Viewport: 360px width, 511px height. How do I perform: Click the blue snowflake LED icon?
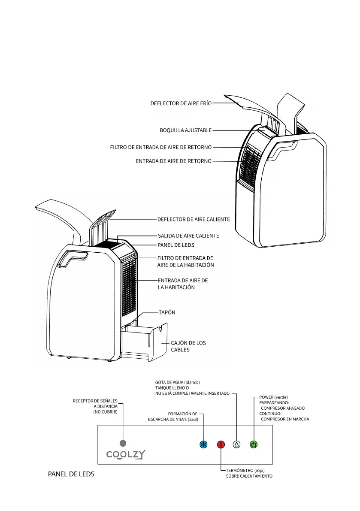pos(204,444)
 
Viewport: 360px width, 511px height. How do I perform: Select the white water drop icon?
pos(236,444)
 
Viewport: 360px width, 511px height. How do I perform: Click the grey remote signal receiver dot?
pos(123,443)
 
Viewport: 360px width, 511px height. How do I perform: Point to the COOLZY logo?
pos(125,455)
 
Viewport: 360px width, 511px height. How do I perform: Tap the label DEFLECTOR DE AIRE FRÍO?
pos(181,103)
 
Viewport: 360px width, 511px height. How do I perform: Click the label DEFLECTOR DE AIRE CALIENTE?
pos(194,219)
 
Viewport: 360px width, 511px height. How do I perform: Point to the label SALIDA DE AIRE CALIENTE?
pos(188,236)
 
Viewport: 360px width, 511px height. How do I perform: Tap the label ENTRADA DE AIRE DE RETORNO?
pos(173,161)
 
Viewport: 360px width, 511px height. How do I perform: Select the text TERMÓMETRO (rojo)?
pos(245,470)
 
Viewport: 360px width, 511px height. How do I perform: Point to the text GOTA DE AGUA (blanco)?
pos(177,382)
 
